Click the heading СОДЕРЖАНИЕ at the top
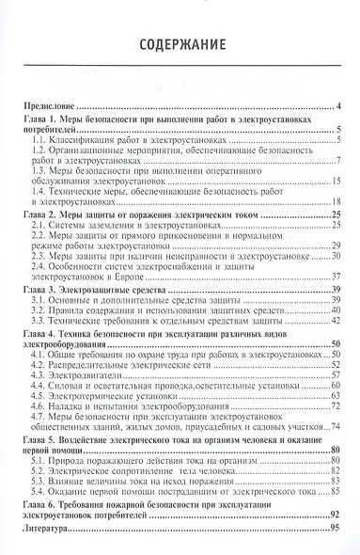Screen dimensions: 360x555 click(x=180, y=44)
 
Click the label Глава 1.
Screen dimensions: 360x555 click(x=41, y=123)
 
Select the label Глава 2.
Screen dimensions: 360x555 click(x=41, y=215)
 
